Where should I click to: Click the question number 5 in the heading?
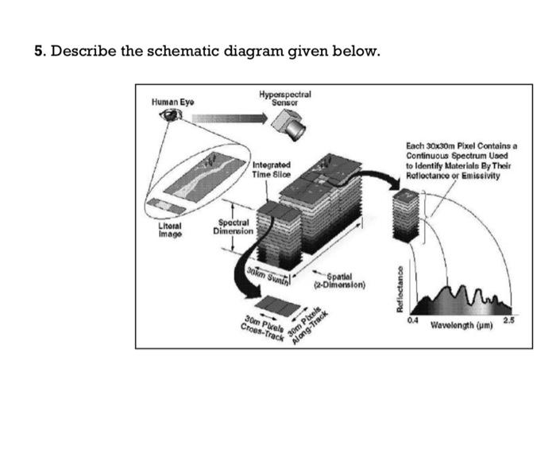click(x=38, y=52)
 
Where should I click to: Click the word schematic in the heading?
click(x=141, y=52)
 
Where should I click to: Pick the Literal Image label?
click(x=168, y=230)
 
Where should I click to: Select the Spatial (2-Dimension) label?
click(x=339, y=279)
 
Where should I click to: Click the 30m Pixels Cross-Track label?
click(x=264, y=328)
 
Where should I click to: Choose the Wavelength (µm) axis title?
click(x=464, y=326)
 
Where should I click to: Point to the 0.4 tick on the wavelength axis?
click(x=411, y=319)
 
